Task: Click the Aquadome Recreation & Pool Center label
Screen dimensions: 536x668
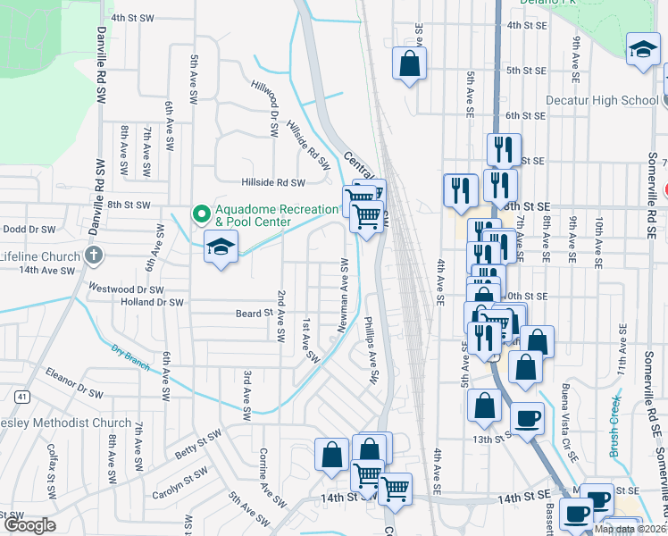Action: pyautogui.click(x=278, y=214)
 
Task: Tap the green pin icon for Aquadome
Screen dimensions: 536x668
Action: pyautogui.click(x=202, y=214)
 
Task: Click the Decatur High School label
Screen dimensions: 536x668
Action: pyautogui.click(x=601, y=100)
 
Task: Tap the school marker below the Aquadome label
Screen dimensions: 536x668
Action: pyautogui.click(x=220, y=247)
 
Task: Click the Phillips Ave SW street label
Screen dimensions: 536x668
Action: pyautogui.click(x=372, y=350)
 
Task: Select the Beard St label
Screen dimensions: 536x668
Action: pyautogui.click(x=254, y=314)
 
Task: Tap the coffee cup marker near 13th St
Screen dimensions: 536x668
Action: pyautogui.click(x=527, y=418)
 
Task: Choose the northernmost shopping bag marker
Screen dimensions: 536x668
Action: pyautogui.click(x=409, y=64)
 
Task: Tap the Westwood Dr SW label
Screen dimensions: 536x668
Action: pyautogui.click(x=126, y=289)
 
